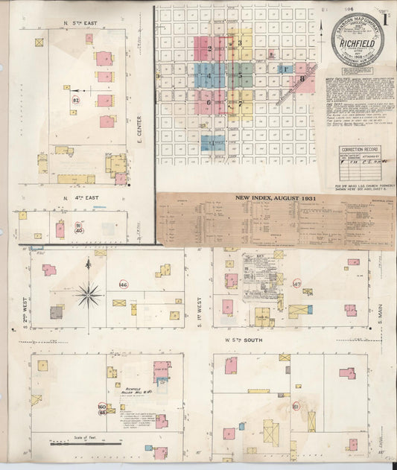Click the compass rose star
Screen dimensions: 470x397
click(x=88, y=296)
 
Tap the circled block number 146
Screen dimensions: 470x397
click(x=123, y=285)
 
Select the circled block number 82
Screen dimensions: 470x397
click(x=76, y=99)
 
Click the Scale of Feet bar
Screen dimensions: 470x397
click(x=85, y=442)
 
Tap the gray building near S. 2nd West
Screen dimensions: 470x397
click(x=57, y=313)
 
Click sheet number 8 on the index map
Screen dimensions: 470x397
click(x=302, y=77)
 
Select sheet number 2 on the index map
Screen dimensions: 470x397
click(x=210, y=49)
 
